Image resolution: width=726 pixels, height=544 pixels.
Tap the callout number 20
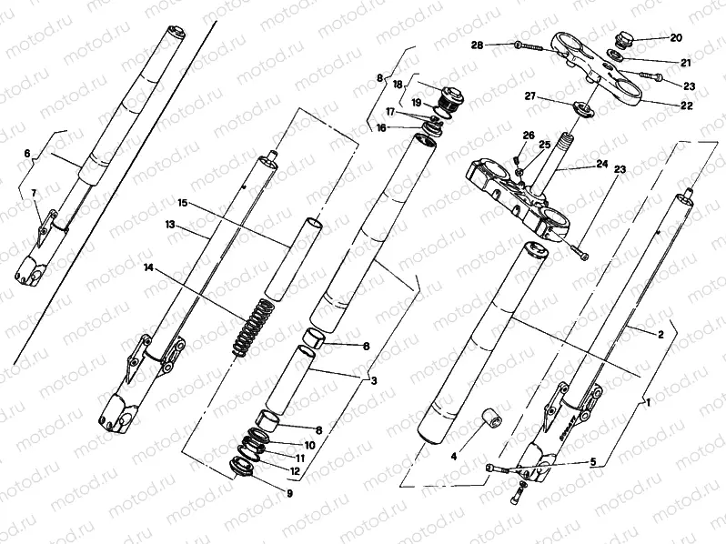point(675,38)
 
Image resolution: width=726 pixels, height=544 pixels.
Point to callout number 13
point(169,224)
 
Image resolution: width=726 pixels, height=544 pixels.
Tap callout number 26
point(527,136)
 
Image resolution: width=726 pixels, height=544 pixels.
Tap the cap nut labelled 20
point(624,40)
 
